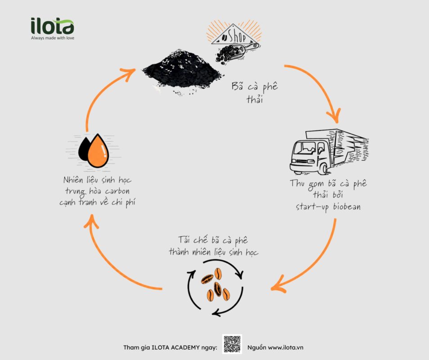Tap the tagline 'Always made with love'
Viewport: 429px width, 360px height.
click(53, 38)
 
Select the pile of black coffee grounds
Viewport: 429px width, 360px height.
click(182, 72)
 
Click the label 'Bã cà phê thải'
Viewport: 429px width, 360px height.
click(255, 93)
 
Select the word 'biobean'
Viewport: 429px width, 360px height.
click(347, 207)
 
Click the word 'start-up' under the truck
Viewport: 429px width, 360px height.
click(312, 207)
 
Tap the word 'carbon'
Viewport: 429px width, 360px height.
click(117, 191)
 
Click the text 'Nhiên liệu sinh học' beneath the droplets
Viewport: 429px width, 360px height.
click(98, 180)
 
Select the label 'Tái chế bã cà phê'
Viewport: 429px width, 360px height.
click(213, 240)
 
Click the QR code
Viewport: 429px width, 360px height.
click(232, 344)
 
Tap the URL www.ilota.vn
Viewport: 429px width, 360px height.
click(286, 347)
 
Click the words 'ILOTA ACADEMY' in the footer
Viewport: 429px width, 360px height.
click(175, 347)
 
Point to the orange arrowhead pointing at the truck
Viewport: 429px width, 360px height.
click(335, 116)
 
